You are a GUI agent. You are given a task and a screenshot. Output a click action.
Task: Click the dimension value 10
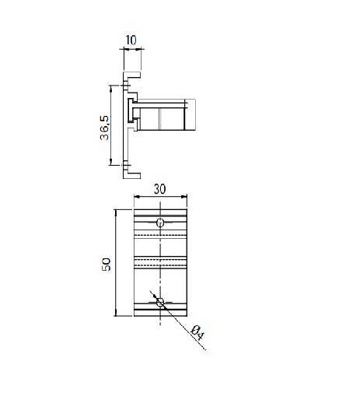click(131, 40)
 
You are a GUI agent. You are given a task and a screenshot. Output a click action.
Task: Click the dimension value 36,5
click(104, 128)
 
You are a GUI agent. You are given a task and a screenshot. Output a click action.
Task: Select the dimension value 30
click(159, 189)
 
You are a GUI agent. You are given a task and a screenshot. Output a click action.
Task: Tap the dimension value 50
click(106, 265)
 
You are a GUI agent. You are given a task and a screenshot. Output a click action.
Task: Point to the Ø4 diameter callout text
click(197, 333)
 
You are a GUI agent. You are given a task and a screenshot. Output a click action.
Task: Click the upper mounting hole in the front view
click(160, 223)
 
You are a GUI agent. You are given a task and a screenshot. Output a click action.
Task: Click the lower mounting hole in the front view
click(160, 303)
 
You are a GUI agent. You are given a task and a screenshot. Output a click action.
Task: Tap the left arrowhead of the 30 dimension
click(137, 197)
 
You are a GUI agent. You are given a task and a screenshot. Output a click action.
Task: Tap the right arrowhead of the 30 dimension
click(184, 197)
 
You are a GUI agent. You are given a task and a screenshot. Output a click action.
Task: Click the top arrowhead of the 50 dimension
click(116, 212)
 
